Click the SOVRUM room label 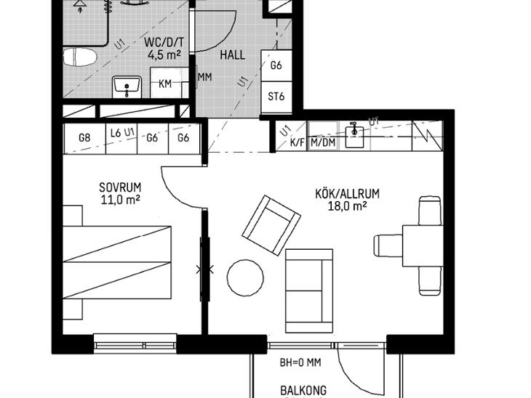(x=120, y=187)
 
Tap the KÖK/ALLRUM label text (x=348, y=194)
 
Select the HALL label (x=232, y=54)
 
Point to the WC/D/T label (x=164, y=43)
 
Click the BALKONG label (x=303, y=391)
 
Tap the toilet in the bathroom (x=80, y=57)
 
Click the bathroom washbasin (x=127, y=86)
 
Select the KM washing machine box (x=165, y=83)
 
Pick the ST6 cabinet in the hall (x=276, y=97)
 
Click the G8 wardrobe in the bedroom (x=84, y=138)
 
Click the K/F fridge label (x=297, y=142)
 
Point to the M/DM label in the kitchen (x=323, y=142)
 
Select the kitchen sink (x=354, y=137)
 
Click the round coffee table (x=245, y=278)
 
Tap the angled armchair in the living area (x=271, y=225)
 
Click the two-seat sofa (x=309, y=291)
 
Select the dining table (x=423, y=245)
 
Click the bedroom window (x=135, y=344)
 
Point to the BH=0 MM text (x=300, y=363)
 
